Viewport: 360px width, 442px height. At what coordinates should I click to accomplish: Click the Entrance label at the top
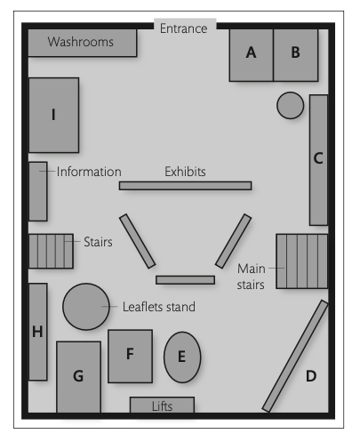pos(183,28)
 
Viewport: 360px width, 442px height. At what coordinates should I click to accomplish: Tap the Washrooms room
pos(83,43)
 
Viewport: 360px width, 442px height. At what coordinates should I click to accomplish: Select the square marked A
pos(252,55)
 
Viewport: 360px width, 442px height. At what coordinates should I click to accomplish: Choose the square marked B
pos(296,55)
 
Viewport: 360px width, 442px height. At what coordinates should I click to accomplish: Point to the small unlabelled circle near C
pos(291,105)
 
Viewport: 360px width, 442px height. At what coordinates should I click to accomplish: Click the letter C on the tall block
pos(318,158)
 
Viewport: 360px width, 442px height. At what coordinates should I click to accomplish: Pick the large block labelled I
pos(53,115)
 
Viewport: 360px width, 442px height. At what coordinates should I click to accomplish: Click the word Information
pos(89,172)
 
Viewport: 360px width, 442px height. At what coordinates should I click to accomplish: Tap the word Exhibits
pos(185,172)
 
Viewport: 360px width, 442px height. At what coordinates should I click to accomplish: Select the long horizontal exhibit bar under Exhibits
pos(185,186)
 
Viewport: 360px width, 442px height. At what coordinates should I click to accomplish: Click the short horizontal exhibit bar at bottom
pos(185,280)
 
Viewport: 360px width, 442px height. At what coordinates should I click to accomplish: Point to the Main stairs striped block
pos(302,261)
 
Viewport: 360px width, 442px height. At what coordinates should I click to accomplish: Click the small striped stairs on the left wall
pos(51,251)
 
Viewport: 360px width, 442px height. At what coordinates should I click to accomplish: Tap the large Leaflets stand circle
pos(86,307)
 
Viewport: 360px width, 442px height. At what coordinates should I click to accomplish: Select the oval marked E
pos(182,358)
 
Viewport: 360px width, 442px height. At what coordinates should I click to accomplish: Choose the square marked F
pos(131,356)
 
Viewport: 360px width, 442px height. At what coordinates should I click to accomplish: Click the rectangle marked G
pos(79,377)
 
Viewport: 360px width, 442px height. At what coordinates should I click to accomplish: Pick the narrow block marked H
pos(38,332)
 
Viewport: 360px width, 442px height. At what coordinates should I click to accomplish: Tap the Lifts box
pos(163,405)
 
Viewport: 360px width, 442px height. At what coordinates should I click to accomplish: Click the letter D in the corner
pos(311,376)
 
